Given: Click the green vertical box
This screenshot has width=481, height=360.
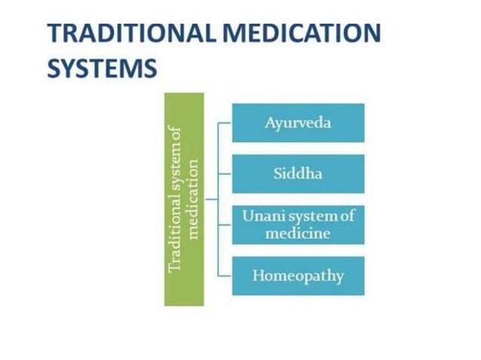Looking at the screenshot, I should pos(184,199).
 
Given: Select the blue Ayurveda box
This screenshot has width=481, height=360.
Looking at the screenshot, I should pos(298,123).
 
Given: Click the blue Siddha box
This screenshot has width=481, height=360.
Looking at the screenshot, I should pos(298,174).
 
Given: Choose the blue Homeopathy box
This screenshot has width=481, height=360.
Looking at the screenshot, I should pos(298,276).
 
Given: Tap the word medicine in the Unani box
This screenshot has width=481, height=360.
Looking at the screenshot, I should pos(298,233).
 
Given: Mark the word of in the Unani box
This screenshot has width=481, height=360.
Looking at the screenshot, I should pos(347,216).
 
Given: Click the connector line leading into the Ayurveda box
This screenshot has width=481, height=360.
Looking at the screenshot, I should pos(225,123).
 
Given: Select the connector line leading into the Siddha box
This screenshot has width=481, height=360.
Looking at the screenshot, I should pos(225,174).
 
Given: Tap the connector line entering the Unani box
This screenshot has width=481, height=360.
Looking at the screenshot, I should pos(225,224).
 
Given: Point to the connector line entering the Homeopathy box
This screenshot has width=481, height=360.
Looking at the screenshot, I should pos(225,276).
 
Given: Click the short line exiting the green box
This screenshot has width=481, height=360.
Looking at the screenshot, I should pos(210,200).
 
